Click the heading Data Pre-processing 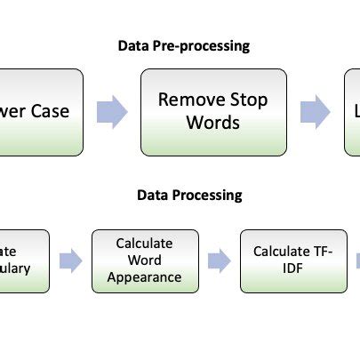184,45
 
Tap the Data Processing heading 188,195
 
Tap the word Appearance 144,276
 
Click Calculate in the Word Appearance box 144,243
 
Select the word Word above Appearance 144,260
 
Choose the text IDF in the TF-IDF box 293,268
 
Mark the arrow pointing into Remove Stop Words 112,112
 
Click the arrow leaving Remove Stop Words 315,112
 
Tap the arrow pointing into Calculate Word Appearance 70,260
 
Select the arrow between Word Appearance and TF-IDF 219,260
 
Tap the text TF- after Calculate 321,252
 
